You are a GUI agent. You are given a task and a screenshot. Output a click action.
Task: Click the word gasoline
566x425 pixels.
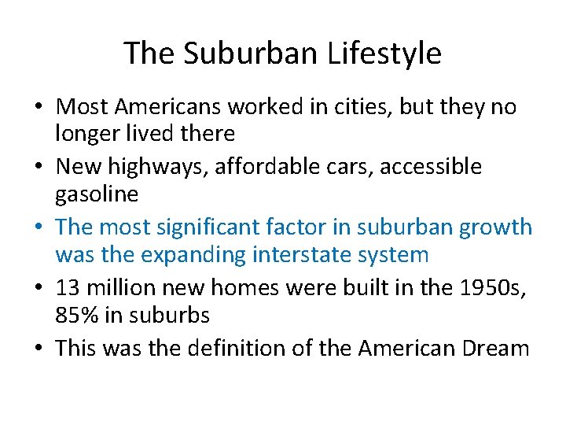(x=97, y=194)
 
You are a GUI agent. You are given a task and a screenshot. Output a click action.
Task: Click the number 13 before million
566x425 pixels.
(x=68, y=288)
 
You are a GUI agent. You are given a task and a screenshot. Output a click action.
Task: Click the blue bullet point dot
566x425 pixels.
(x=42, y=228)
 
